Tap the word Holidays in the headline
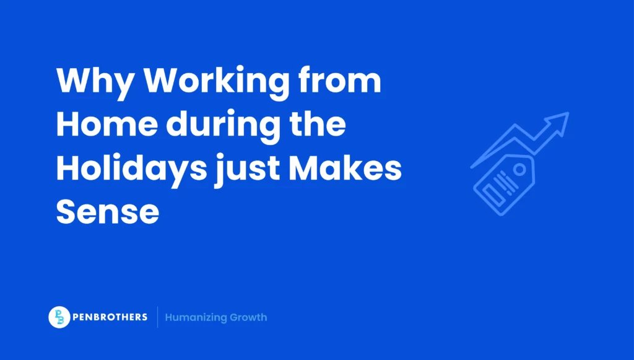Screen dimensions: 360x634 (130, 170)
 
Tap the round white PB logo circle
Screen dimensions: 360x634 (59, 317)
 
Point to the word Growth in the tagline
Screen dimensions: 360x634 (248, 317)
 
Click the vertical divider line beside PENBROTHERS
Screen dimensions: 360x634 (157, 317)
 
